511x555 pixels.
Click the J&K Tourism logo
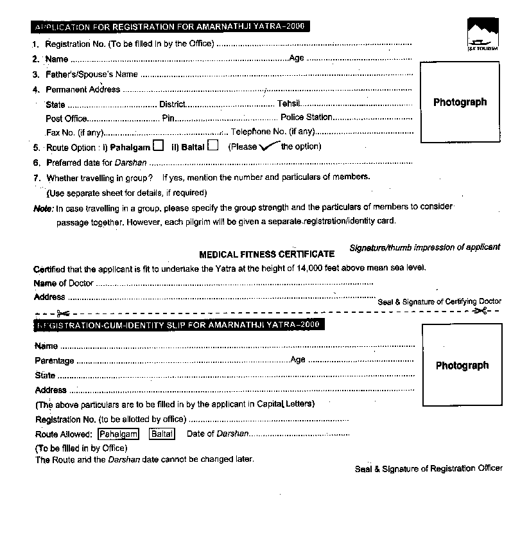(483, 36)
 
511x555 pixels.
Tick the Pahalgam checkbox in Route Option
(158, 146)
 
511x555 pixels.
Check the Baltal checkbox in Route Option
(213, 146)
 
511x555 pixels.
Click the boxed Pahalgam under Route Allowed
(119, 434)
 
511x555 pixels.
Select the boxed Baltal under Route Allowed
(162, 434)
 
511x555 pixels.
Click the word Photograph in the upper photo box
(460, 102)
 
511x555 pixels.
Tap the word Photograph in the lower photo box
(462, 366)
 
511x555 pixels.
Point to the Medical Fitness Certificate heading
(266, 254)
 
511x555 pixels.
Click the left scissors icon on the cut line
(62, 313)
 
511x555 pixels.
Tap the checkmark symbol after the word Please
(268, 146)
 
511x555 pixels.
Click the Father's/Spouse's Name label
(92, 75)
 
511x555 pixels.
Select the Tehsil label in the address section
(288, 104)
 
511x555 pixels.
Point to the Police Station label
(306, 118)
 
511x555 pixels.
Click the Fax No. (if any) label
(74, 132)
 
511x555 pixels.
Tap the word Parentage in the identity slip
(55, 361)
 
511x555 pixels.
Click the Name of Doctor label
(63, 283)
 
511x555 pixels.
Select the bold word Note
(43, 208)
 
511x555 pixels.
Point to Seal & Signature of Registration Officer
(428, 469)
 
